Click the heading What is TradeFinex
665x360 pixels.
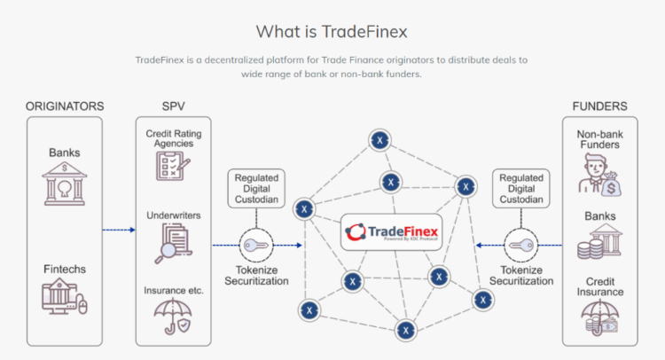pyautogui.click(x=332, y=32)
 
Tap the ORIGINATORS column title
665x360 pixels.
pyautogui.click(x=64, y=106)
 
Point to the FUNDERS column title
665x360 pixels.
pyautogui.click(x=599, y=106)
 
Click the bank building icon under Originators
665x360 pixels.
pyautogui.click(x=65, y=184)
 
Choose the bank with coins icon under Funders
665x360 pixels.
pyautogui.click(x=600, y=244)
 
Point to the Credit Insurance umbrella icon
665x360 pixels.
pyautogui.click(x=600, y=318)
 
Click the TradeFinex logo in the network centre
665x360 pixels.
pyautogui.click(x=392, y=234)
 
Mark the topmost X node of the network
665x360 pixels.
pyautogui.click(x=381, y=140)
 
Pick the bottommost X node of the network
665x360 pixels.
pyautogui.click(x=406, y=331)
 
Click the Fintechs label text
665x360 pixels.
pyautogui.click(x=65, y=268)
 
